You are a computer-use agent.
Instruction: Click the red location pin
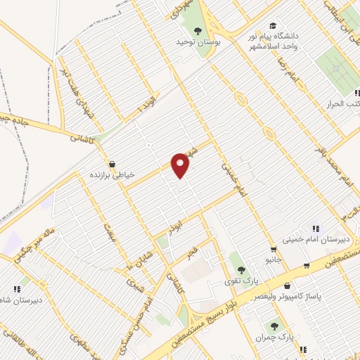181,165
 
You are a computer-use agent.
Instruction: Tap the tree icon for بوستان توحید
197,30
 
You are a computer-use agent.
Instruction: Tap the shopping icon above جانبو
272,250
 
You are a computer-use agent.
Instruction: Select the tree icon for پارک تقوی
240,269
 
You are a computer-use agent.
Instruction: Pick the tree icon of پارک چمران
274,326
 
